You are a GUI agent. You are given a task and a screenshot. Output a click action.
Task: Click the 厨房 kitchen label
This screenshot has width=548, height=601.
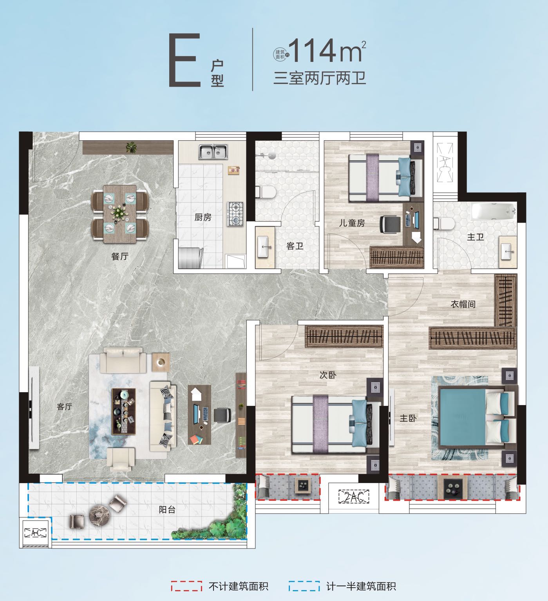click(203, 217)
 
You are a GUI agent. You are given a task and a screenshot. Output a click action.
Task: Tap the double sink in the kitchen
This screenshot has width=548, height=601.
click(213, 152)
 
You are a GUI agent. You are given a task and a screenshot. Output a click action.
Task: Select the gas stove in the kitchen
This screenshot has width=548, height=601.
click(235, 214)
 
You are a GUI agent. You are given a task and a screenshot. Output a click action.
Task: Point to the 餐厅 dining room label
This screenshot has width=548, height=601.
click(120, 256)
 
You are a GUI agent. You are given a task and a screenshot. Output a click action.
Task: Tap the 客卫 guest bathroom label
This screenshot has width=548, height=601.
click(295, 246)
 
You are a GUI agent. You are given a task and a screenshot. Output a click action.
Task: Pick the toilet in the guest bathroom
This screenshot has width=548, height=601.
click(266, 192)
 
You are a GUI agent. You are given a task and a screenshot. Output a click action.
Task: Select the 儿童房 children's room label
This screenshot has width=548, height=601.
click(352, 223)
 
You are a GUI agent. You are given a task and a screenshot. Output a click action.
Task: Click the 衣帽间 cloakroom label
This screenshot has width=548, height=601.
click(463, 304)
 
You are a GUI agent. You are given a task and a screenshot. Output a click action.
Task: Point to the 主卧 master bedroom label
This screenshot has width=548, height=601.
click(408, 418)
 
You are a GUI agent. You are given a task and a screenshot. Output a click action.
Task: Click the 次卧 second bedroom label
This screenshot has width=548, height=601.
click(328, 375)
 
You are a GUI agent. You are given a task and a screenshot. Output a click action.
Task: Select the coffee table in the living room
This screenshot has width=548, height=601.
click(123, 411)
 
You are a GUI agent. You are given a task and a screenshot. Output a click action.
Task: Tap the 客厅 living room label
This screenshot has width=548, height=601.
click(64, 407)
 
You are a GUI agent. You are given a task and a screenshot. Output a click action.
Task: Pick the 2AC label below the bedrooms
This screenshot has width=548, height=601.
click(354, 496)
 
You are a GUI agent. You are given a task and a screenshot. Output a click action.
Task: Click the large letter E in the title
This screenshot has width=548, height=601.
click(184, 60)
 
